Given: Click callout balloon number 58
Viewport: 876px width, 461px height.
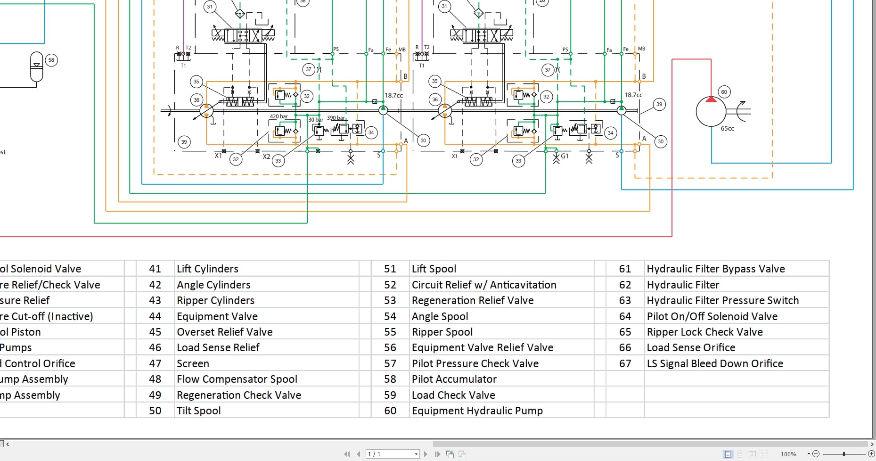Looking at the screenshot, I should point(51,60).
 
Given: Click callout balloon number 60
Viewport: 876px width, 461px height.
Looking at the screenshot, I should point(724,92).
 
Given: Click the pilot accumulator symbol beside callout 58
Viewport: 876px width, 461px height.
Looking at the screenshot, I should point(36,67).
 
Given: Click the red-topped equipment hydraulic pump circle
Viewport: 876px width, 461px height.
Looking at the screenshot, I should point(711,111).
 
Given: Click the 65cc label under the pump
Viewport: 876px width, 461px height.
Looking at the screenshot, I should point(727,128).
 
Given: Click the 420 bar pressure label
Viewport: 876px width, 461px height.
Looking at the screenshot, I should point(278,116).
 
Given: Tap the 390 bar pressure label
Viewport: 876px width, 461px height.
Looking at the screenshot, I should point(336,118).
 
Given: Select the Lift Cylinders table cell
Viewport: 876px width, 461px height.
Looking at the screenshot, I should point(207,269).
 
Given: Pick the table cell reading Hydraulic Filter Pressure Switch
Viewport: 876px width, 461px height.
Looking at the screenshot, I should point(722,300).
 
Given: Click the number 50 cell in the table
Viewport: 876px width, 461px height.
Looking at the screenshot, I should point(155,411).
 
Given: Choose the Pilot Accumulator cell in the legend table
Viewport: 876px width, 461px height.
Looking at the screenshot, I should point(454,379).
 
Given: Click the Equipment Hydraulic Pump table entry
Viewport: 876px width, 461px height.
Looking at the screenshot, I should point(477,411).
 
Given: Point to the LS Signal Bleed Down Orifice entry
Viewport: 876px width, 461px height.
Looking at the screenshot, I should point(714,363).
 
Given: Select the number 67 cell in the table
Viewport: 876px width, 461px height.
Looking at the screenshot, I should point(625,363).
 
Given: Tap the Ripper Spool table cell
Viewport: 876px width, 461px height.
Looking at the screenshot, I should point(442,332).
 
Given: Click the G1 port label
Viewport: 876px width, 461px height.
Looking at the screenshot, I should point(565,156).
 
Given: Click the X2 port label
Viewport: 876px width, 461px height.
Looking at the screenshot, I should point(266,156).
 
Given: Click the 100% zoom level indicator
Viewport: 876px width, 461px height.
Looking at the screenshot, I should point(788,454).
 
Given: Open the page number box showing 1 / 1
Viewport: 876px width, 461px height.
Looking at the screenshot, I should point(392,454).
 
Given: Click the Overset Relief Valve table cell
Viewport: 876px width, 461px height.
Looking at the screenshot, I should point(224,332).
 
